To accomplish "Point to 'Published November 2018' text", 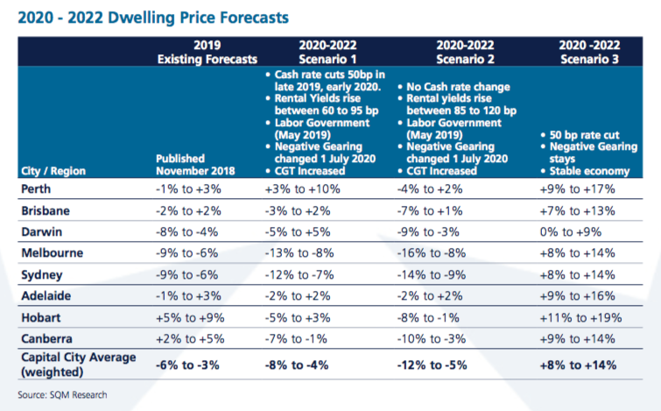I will pyautogui.click(x=194, y=164).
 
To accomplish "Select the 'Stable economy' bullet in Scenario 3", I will pyautogui.click(x=585, y=171).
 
